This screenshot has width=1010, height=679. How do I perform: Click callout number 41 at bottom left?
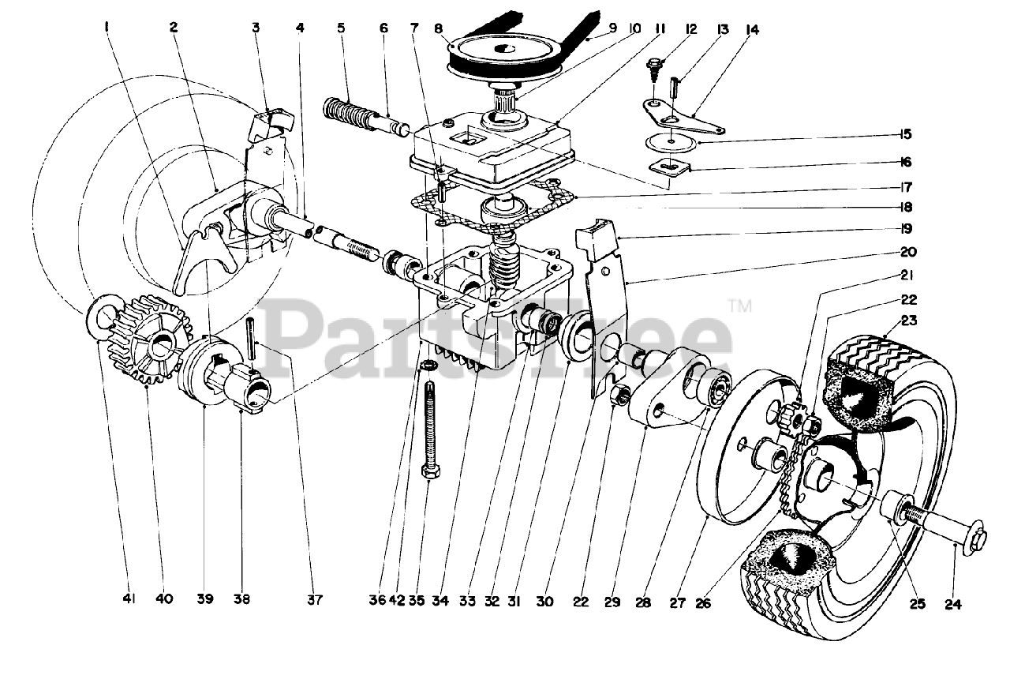(x=129, y=599)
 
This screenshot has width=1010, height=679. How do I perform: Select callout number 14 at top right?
(x=752, y=29)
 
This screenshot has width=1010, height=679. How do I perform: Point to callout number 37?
(x=315, y=599)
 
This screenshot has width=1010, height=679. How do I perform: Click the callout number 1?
(x=107, y=28)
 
